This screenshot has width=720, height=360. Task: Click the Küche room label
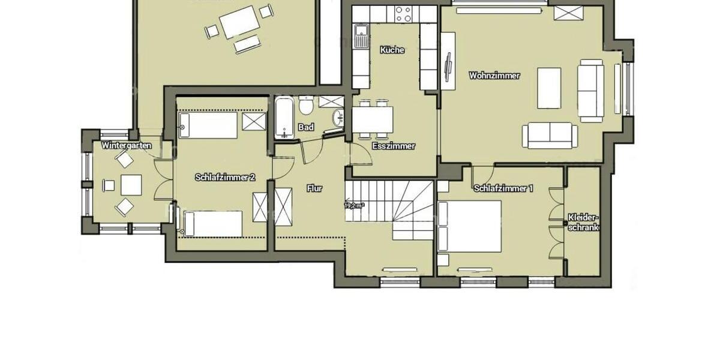coord(392,50)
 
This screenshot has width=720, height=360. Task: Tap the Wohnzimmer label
coord(494,76)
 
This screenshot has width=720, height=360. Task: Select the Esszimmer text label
coord(394,146)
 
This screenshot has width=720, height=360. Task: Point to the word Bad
coord(306,127)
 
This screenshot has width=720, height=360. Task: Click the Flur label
coord(314,188)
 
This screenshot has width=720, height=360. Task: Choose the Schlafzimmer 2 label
coord(225,178)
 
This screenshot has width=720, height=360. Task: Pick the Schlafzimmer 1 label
coord(503,188)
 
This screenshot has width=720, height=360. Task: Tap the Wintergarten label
coord(127,145)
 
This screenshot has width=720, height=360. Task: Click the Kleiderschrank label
coord(584,223)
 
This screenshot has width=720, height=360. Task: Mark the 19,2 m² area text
coord(354,205)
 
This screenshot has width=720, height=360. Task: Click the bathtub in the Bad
coord(284,118)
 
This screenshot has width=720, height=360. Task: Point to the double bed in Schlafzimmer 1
coord(470,226)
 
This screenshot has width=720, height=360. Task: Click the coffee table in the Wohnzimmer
coord(548,88)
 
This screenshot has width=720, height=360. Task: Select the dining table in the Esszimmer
coord(373,120)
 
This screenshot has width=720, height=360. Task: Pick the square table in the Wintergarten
coord(131,185)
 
